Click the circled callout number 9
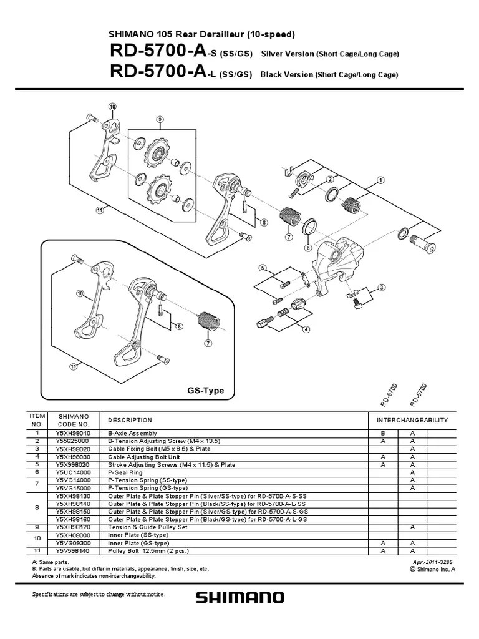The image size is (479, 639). [160, 119]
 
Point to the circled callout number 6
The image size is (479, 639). [307, 248]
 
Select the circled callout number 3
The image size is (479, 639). [381, 286]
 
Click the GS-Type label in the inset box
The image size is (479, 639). [205, 391]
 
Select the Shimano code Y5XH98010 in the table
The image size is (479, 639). [73, 433]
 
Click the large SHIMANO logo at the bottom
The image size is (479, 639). [240, 598]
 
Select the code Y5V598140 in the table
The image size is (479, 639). [73, 551]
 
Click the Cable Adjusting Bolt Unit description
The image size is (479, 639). [143, 456]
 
